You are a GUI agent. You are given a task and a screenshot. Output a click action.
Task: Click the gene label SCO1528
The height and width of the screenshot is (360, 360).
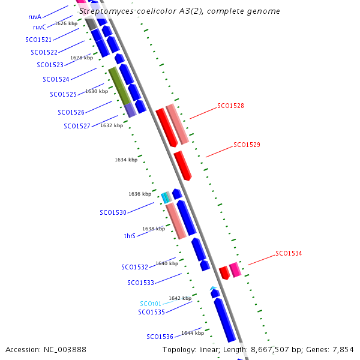(x=230, y=106)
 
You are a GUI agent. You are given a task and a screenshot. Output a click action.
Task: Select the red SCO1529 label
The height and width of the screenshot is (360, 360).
(x=247, y=145)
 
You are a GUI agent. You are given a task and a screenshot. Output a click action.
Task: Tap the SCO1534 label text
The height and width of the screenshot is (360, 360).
(x=289, y=253)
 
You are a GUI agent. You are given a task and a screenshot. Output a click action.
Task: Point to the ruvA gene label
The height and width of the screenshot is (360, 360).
(x=35, y=17)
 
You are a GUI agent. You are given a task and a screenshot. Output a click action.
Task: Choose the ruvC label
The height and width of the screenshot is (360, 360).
(x=40, y=28)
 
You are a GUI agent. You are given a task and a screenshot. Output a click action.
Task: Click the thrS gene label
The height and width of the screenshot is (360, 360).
(x=130, y=236)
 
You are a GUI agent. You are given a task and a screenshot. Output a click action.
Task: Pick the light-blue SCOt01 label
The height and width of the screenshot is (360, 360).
(x=151, y=304)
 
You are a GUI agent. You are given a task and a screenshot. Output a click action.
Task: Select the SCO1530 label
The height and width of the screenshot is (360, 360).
(x=113, y=212)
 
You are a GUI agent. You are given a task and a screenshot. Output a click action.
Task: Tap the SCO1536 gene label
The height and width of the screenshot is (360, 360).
(x=160, y=337)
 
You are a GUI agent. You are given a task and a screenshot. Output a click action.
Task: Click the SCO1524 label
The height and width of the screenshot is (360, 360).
(x=56, y=79)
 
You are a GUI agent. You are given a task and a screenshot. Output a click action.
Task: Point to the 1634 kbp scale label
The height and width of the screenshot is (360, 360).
(x=126, y=160)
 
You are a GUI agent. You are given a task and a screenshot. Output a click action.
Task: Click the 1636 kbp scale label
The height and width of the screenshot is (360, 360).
(x=140, y=194)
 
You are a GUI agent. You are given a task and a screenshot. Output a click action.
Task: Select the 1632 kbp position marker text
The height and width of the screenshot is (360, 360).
(x=112, y=125)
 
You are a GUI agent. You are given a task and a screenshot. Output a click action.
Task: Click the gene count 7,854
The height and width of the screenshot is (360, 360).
(x=343, y=350)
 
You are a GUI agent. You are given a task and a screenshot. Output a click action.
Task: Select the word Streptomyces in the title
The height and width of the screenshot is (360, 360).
(x=106, y=11)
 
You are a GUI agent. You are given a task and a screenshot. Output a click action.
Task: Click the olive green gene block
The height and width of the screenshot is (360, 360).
(x=119, y=86)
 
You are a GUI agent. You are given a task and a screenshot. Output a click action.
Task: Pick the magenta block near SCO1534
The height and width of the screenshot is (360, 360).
(x=235, y=270)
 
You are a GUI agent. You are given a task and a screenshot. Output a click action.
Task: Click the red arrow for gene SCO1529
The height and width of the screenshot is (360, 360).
(x=183, y=166)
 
